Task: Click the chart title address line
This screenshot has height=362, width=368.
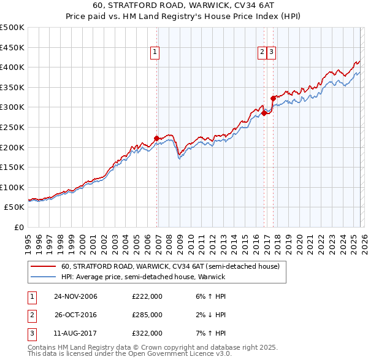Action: [184, 6]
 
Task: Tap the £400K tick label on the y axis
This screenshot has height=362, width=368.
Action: [12, 67]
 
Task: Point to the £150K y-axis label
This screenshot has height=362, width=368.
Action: [12, 167]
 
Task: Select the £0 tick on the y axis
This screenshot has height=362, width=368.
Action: [20, 227]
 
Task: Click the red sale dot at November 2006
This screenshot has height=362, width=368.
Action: [156, 138]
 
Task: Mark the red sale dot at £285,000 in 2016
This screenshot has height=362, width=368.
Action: [264, 113]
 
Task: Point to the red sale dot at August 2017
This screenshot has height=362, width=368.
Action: [272, 98]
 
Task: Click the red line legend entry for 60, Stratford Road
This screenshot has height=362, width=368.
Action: [170, 266]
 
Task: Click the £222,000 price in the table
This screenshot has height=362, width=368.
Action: [147, 296]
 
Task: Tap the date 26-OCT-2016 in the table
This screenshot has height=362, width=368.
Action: [75, 314]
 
